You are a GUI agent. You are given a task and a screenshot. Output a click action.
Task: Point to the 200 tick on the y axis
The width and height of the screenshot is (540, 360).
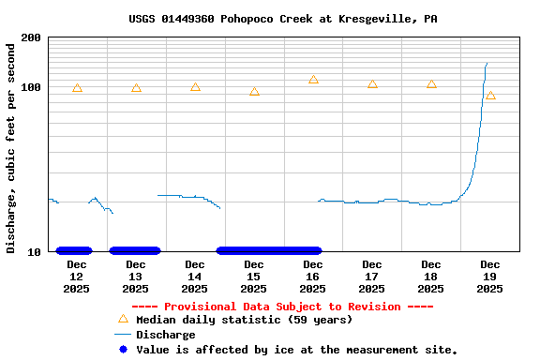(30, 37)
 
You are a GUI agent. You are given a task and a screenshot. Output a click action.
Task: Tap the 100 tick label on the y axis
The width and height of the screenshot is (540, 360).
(30, 87)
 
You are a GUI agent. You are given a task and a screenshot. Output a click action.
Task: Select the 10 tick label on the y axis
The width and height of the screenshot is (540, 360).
(34, 251)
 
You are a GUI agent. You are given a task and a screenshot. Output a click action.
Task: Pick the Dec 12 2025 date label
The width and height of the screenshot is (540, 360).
(77, 277)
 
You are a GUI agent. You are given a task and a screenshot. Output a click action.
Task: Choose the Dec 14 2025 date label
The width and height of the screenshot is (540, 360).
(195, 277)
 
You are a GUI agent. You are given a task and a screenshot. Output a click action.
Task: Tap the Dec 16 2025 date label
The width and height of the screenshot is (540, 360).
(313, 277)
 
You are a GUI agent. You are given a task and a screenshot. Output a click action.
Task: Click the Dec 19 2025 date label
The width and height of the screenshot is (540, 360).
(490, 277)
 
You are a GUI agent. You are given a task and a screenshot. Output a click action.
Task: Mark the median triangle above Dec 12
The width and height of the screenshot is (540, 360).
(77, 88)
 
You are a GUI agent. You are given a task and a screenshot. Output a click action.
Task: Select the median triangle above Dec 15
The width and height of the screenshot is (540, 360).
(254, 92)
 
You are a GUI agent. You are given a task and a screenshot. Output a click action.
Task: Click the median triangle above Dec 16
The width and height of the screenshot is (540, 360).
(313, 81)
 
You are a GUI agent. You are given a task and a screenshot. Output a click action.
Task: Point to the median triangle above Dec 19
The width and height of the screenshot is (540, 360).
(490, 96)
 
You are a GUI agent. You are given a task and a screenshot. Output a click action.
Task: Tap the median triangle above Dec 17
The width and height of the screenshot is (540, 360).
(372, 84)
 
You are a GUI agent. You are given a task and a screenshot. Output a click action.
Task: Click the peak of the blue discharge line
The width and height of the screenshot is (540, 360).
(487, 64)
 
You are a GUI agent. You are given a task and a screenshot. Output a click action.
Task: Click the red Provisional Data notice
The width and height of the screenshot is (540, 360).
(282, 307)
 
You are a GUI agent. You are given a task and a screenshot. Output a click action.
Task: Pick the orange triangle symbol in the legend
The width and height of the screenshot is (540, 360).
(123, 319)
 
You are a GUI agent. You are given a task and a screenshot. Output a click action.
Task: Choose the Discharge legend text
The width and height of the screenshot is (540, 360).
(166, 335)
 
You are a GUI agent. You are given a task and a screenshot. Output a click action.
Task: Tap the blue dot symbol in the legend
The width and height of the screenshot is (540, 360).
(123, 350)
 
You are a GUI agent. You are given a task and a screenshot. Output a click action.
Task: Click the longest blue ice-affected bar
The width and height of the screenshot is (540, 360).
(269, 250)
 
